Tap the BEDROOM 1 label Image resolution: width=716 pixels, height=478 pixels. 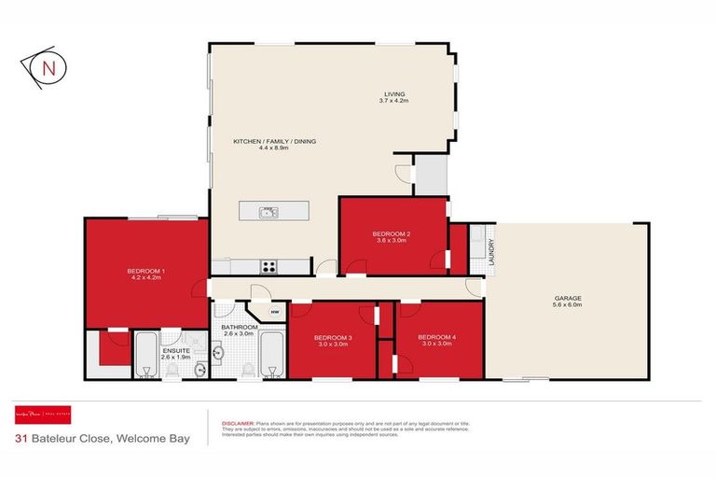(x=145, y=271)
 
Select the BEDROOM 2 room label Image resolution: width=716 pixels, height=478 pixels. (x=392, y=233)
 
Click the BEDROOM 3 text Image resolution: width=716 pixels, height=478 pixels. (x=332, y=337)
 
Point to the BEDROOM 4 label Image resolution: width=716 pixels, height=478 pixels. (x=436, y=337)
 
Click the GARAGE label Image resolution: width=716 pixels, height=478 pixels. (x=566, y=298)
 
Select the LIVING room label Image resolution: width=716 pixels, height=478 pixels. (x=396, y=92)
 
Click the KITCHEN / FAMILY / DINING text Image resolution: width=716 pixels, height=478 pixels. (x=274, y=141)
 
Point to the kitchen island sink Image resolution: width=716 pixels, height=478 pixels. (x=268, y=212)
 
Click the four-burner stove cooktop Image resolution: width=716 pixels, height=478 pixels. (x=268, y=266)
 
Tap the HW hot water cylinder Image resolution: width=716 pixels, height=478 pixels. (x=275, y=312)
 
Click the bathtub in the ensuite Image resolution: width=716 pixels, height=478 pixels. (x=147, y=355)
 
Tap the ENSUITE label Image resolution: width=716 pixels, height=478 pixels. (x=175, y=350)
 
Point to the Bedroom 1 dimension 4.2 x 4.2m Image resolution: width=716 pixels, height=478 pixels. (x=145, y=277)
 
